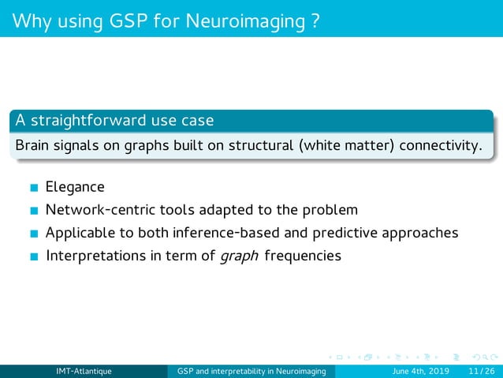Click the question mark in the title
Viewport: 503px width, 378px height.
(x=315, y=18)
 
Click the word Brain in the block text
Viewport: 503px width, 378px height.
(x=32, y=146)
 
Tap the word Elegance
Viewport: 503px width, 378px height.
(x=75, y=188)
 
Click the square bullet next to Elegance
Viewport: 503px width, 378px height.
(x=33, y=189)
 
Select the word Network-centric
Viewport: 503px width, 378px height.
(x=94, y=211)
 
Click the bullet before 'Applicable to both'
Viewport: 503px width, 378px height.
(x=33, y=234)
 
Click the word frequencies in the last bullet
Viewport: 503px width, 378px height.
(x=304, y=256)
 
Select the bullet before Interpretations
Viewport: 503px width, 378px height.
(x=33, y=256)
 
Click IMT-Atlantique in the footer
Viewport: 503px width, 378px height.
(x=83, y=372)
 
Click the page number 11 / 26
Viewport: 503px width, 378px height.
(x=482, y=372)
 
